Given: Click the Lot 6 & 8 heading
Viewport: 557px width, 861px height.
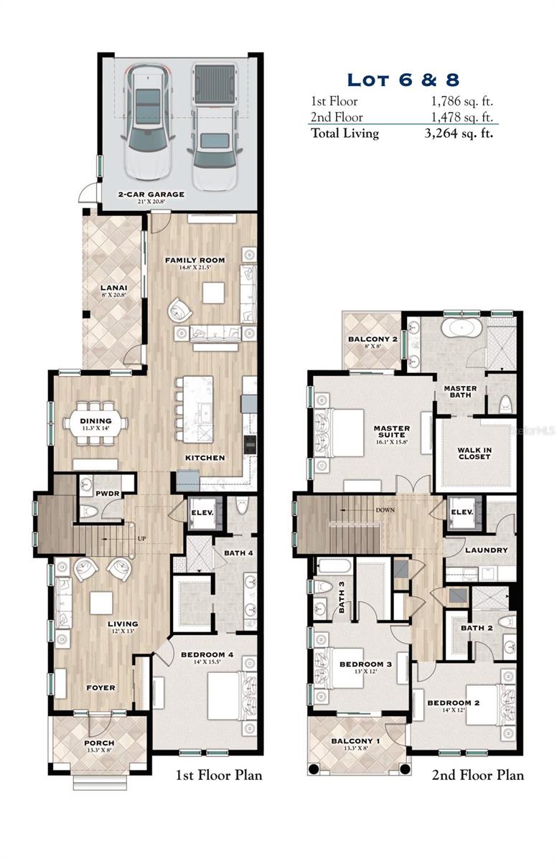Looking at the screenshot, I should [x=403, y=79].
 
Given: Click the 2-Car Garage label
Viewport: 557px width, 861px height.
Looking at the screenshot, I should [x=151, y=194].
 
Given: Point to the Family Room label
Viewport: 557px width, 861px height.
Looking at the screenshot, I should [x=195, y=260].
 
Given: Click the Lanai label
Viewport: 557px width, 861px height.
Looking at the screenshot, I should [x=114, y=288].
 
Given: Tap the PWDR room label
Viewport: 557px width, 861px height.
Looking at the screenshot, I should [x=108, y=494].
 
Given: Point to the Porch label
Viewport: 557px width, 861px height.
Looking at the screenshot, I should [x=99, y=743].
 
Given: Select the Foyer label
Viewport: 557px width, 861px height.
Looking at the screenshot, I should [x=100, y=687].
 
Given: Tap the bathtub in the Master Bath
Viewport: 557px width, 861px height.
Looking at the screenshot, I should [x=461, y=329].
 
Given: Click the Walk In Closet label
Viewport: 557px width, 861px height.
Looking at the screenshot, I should [x=474, y=453].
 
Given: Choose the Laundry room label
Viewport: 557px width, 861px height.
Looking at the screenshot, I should [x=486, y=550].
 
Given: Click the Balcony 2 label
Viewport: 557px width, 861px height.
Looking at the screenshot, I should [x=373, y=339].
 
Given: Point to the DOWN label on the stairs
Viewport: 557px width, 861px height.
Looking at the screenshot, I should [x=384, y=511].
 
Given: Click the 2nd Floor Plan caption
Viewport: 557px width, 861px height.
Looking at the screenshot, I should [x=477, y=775].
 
